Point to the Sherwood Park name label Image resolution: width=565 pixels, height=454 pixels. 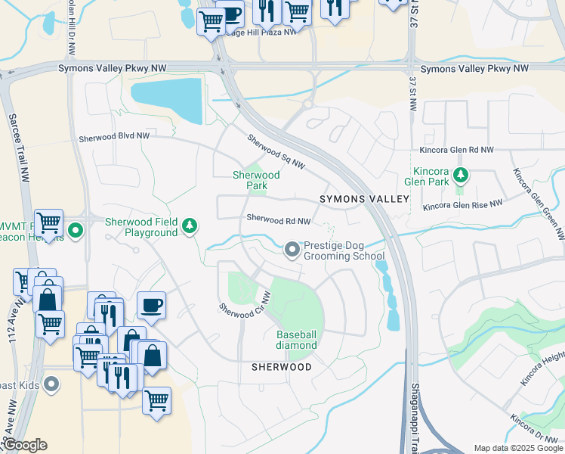point(256,180)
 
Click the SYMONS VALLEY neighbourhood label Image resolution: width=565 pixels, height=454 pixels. point(363,199)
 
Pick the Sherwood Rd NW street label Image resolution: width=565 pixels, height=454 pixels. point(279,220)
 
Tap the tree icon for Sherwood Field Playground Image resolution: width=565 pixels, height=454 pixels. point(190,225)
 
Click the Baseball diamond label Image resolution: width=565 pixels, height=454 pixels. point(296,340)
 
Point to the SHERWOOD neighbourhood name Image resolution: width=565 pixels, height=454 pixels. point(281,367)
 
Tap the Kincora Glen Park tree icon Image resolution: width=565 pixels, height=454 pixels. point(461,177)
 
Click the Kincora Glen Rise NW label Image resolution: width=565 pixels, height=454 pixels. point(462,205)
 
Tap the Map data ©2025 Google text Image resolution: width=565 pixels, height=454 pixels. point(518,448)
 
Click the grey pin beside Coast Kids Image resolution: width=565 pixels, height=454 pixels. point(51,384)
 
